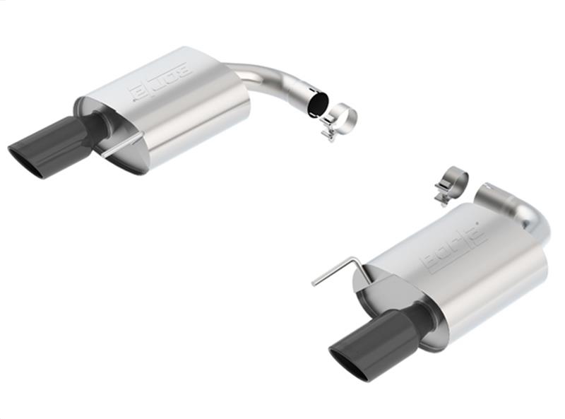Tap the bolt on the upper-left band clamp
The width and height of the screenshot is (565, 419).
pos(328,132)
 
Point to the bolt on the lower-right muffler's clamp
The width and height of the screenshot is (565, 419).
pos(442,196)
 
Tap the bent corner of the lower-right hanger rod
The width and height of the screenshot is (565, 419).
pos(357,261)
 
